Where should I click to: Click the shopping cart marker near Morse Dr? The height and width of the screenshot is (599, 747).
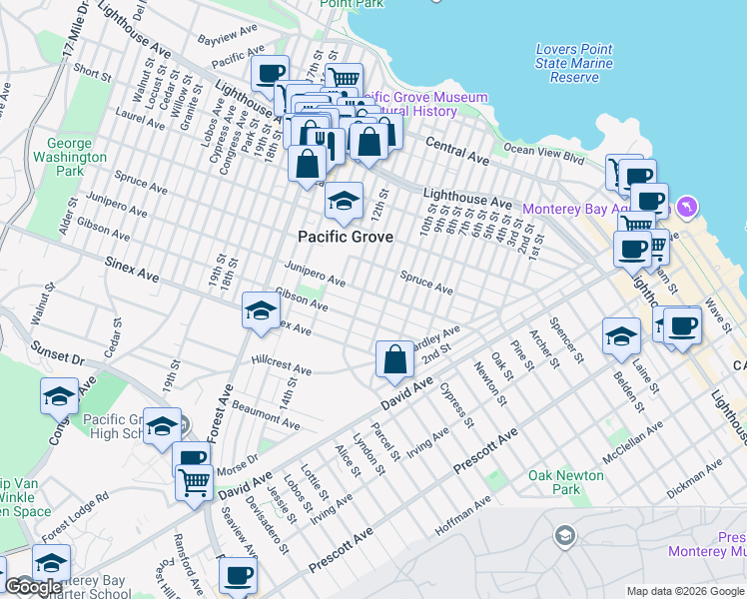pos(193,483)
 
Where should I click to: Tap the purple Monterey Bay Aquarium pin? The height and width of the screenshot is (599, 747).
pos(686,208)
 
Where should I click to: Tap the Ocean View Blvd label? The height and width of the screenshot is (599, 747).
pos(543,153)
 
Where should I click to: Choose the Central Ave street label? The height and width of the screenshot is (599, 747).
pos(458,152)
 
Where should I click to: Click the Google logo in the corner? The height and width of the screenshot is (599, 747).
pos(33,587)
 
